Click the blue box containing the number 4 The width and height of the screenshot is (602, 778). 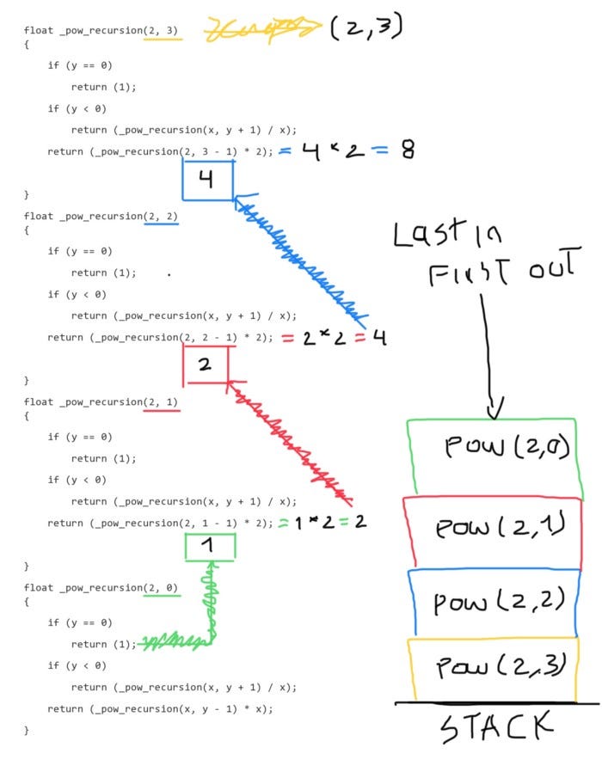(207, 181)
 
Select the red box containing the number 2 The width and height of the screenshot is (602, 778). (205, 364)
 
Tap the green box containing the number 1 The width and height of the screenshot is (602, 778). (210, 546)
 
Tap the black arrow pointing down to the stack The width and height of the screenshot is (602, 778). (488, 352)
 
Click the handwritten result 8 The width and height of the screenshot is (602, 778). (407, 150)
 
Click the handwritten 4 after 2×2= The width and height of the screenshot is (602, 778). (378, 337)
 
